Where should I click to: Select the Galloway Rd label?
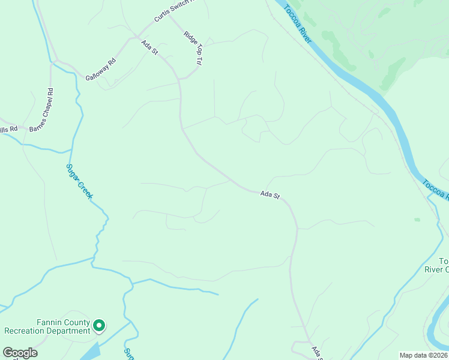pyautogui.click(x=100, y=70)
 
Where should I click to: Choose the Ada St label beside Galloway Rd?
pyautogui.click(x=149, y=48)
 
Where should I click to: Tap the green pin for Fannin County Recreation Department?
pyautogui.click(x=98, y=326)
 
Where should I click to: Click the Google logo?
pyautogui.click(x=20, y=353)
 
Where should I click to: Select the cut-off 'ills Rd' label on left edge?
pyautogui.click(x=8, y=129)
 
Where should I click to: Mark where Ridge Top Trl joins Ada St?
pyautogui.click(x=179, y=79)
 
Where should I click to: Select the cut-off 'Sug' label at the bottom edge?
pyautogui.click(x=127, y=354)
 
